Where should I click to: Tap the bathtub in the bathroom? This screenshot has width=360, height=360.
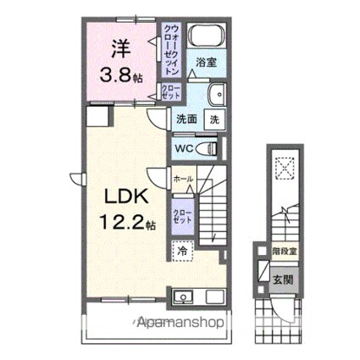coord(202,36)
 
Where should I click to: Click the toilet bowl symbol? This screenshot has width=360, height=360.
coord(207,148)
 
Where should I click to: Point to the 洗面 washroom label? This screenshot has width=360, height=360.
coord(186,120)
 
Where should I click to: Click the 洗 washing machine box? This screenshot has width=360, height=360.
coord(214,120)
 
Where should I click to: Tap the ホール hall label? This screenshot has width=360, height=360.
coord(183,180)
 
